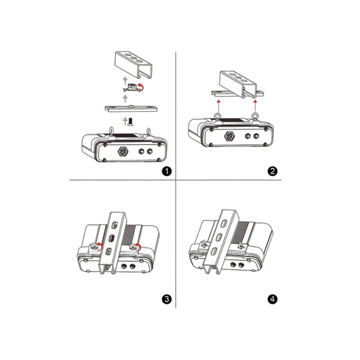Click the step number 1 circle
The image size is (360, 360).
pos(166,171)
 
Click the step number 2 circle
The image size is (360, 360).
pos(272,171)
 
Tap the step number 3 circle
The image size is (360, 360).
pos(166,299)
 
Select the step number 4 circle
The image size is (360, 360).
pos(272,299)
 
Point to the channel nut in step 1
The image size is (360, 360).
pos(131,88)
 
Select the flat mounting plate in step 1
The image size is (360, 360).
pos(131,108)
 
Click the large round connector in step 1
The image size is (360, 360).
pos(123,152)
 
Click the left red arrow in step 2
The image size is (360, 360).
pos(218,106)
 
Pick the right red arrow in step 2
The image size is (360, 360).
pos(255,106)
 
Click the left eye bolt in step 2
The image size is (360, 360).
pos(217,117)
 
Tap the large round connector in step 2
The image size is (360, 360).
pos(229,136)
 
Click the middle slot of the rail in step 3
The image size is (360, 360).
pos(111,238)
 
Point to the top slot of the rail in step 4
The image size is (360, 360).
pos(224,224)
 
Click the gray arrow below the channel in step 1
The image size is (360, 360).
pos(125,81)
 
